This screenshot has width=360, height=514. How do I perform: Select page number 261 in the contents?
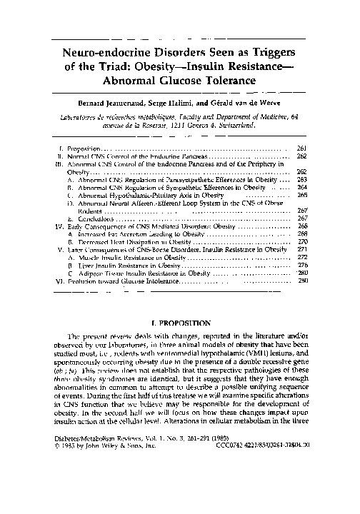click(301, 147)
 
